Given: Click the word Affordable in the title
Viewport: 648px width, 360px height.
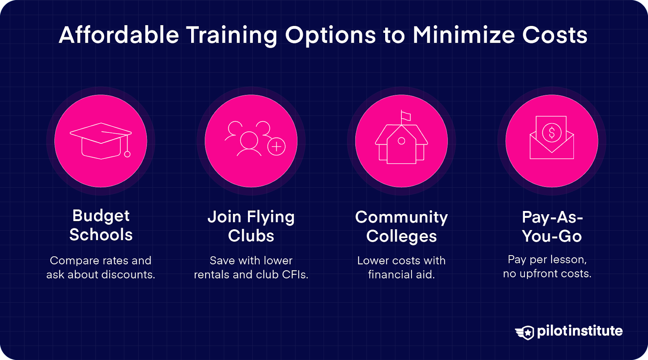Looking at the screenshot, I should tap(119, 35).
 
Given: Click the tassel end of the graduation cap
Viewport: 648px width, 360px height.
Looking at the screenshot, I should tap(127, 154).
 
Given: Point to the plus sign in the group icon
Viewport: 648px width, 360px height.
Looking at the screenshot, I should tap(277, 147).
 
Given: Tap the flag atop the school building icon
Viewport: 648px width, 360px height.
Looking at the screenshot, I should tap(406, 116).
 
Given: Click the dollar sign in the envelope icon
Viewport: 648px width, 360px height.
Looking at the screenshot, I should tap(552, 132).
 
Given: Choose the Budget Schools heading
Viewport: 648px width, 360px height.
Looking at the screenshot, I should tap(101, 225).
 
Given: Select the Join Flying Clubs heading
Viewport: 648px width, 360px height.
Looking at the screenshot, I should tap(251, 226).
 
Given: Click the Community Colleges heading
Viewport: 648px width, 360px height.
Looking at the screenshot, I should tap(401, 226).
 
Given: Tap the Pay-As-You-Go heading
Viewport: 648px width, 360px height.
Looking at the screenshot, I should tap(552, 226).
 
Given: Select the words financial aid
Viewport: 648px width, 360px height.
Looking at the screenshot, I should tap(401, 275).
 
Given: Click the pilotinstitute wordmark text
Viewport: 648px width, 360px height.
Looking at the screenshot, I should tap(580, 331).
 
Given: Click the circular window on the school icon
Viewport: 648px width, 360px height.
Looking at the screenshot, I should tap(401, 141).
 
